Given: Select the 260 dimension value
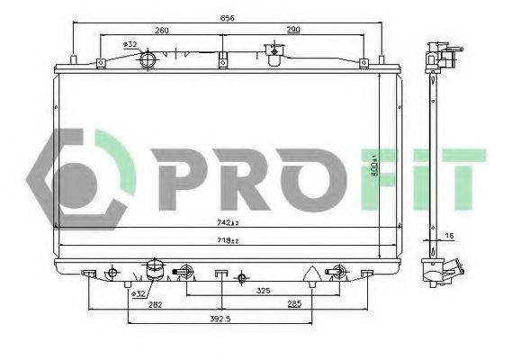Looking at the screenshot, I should [162, 30].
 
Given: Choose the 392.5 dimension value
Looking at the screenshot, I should [221, 319].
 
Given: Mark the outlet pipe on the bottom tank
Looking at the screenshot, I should [155, 269].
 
